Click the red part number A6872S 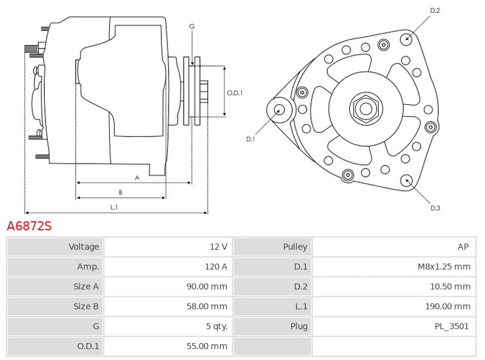(29, 227)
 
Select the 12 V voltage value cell (218, 247)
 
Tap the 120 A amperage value (216, 267)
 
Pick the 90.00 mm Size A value (207, 287)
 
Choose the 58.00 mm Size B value (207, 307)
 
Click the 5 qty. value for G (216, 327)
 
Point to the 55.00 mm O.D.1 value (207, 347)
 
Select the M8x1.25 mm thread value (444, 267)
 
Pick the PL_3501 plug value (452, 327)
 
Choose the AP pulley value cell (463, 247)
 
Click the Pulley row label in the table (295, 247)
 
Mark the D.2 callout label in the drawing (435, 10)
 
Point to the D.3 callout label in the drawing (435, 208)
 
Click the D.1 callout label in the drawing (250, 139)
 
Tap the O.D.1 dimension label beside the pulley (235, 93)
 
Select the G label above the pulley (192, 26)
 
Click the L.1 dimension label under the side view (114, 207)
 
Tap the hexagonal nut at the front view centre (366, 109)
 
